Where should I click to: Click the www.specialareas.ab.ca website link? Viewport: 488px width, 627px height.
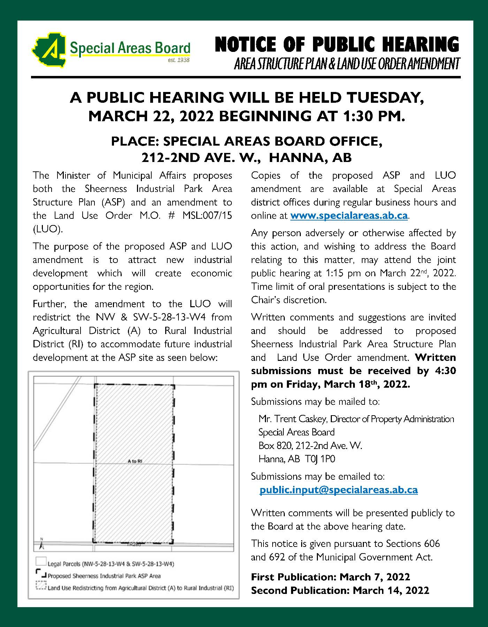pyautogui.click(x=349, y=216)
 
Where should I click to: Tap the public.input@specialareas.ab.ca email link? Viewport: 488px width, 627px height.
pyautogui.click(x=338, y=490)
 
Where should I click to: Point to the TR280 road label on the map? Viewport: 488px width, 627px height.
pyautogui.click(x=134, y=544)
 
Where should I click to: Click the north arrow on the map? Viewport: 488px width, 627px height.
pyautogui.click(x=41, y=544)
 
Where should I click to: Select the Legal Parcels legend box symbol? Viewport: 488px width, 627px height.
pyautogui.click(x=41, y=561)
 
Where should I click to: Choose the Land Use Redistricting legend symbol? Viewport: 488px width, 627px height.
pyautogui.click(x=41, y=586)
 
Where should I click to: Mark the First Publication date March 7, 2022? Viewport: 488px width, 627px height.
pyautogui.click(x=375, y=577)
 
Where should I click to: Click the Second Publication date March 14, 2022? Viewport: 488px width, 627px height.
pyautogui.click(x=391, y=590)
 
